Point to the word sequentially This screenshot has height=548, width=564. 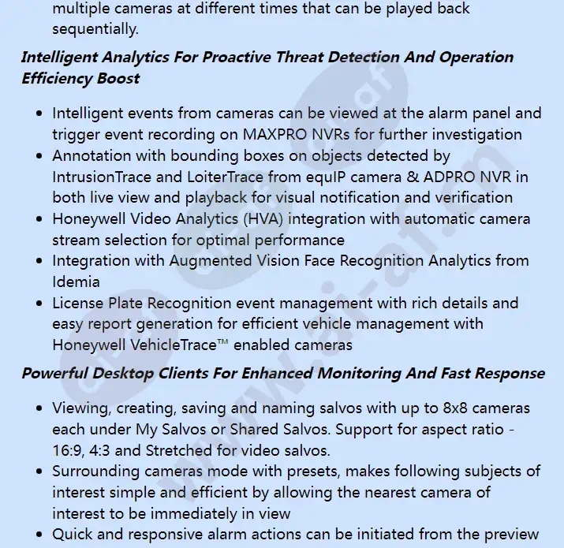(x=95, y=30)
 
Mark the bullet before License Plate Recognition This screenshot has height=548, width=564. (x=40, y=304)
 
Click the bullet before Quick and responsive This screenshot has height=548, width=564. (x=40, y=535)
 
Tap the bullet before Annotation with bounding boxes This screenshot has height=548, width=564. (x=40, y=156)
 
